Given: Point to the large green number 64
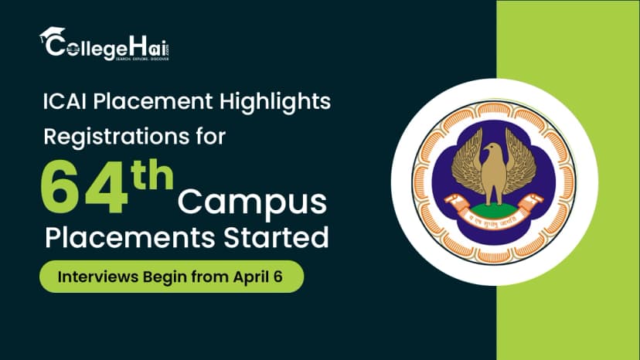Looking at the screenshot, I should point(83,188).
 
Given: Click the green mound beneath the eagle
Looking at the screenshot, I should point(493,209).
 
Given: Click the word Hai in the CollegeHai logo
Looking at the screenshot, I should point(145,46).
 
